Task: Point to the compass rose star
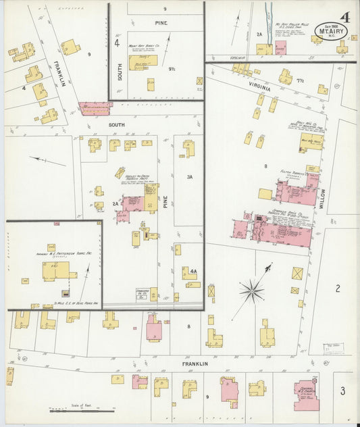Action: pos(251,292)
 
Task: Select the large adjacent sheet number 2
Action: pos(337,288)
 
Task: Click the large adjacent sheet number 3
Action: pos(342,391)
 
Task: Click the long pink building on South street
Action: pos(95,107)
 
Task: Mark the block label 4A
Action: pos(193,272)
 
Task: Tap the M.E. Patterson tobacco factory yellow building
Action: pos(55,270)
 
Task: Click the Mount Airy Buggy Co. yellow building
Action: pos(143,61)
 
